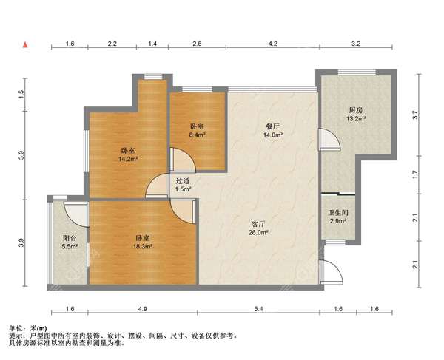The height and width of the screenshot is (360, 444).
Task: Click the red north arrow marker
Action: coord(25,44)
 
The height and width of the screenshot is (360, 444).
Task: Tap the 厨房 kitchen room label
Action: coord(356,110)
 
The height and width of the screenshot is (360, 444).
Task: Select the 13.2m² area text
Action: coord(356,119)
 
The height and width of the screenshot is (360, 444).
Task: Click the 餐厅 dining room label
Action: coord(272,126)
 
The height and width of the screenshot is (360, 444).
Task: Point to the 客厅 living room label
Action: coord(258,224)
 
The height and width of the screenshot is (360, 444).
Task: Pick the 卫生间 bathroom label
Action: coord(338,212)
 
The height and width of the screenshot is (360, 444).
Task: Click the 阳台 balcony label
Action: coord(70,238)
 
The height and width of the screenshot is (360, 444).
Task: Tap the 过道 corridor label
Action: coord(183,180)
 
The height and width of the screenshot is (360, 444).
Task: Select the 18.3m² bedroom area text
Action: coord(143,247)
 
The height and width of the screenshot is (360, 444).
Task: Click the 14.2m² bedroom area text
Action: coord(128,159)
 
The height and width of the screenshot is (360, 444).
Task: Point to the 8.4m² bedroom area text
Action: coord(198,135)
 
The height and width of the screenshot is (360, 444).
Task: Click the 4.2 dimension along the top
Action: coord(272,44)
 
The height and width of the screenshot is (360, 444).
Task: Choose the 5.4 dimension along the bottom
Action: coord(258,309)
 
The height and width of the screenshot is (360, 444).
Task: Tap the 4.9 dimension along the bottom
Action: coord(143,309)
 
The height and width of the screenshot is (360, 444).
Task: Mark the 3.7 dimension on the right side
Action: coord(415,115)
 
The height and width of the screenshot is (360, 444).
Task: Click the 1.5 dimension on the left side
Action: coord(21,94)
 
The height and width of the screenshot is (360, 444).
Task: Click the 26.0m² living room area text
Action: coord(258,232)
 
